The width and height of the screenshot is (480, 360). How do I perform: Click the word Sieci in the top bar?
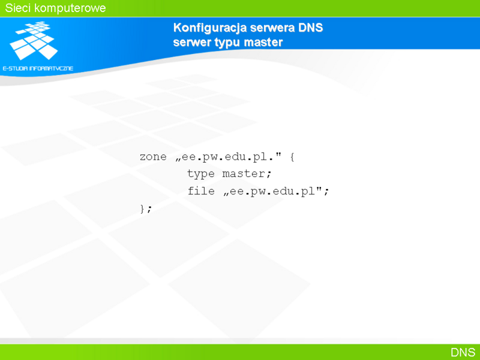(x=18, y=8)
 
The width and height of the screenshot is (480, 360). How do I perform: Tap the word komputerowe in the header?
(x=70, y=8)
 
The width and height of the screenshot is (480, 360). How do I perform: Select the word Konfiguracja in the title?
(x=210, y=28)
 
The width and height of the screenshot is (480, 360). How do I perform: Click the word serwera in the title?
(x=273, y=28)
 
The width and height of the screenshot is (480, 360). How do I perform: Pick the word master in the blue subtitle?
(x=263, y=42)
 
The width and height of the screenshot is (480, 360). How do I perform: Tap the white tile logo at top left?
(x=34, y=40)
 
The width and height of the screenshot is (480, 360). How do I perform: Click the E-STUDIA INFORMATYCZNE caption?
(x=38, y=68)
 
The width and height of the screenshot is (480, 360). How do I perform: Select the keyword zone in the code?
(x=153, y=157)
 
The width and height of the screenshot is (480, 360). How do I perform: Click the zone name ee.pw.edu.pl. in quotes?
(x=229, y=157)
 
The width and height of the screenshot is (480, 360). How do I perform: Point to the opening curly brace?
(x=292, y=157)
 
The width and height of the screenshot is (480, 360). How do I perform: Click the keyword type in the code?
(x=201, y=174)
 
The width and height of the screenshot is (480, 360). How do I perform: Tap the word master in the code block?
(x=244, y=174)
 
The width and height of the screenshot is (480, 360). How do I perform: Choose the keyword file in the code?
(x=201, y=191)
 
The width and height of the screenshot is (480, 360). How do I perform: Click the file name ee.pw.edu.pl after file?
(x=272, y=191)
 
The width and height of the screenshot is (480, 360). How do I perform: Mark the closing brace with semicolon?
(x=146, y=209)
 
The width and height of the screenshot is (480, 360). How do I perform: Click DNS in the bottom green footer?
(x=463, y=352)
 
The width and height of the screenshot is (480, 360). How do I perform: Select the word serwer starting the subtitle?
(x=192, y=42)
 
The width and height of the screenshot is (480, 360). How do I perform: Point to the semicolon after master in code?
(x=269, y=175)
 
